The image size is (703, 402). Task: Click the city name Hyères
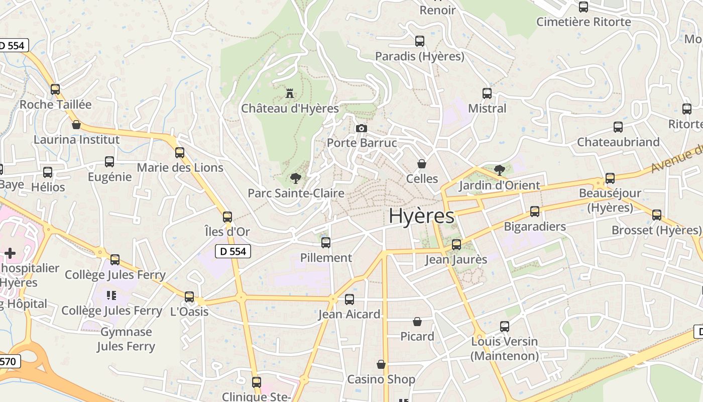(x=421, y=216)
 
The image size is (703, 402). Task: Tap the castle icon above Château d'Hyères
(x=289, y=93)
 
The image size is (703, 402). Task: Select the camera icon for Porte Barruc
(x=361, y=129)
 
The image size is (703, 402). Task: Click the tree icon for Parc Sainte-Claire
(x=296, y=178)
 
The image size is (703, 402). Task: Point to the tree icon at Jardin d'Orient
(x=499, y=170)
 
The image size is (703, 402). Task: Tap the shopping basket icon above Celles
(x=422, y=164)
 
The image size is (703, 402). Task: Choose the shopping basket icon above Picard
(x=417, y=322)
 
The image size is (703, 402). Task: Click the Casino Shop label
(x=381, y=379)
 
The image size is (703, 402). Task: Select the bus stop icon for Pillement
(x=326, y=243)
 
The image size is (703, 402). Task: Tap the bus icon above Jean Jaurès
(x=456, y=245)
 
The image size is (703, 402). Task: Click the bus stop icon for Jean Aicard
(x=349, y=299)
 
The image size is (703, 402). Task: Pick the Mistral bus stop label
(x=487, y=109)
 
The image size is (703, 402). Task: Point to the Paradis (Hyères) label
(x=420, y=56)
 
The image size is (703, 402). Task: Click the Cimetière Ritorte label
(x=583, y=22)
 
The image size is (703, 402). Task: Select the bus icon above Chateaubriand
(x=618, y=127)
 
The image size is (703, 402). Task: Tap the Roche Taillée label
(x=55, y=105)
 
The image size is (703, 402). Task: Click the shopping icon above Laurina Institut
(x=76, y=125)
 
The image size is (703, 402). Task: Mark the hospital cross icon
(x=10, y=253)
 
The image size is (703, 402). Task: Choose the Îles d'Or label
(x=227, y=232)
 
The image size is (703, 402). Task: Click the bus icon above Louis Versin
(x=505, y=327)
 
